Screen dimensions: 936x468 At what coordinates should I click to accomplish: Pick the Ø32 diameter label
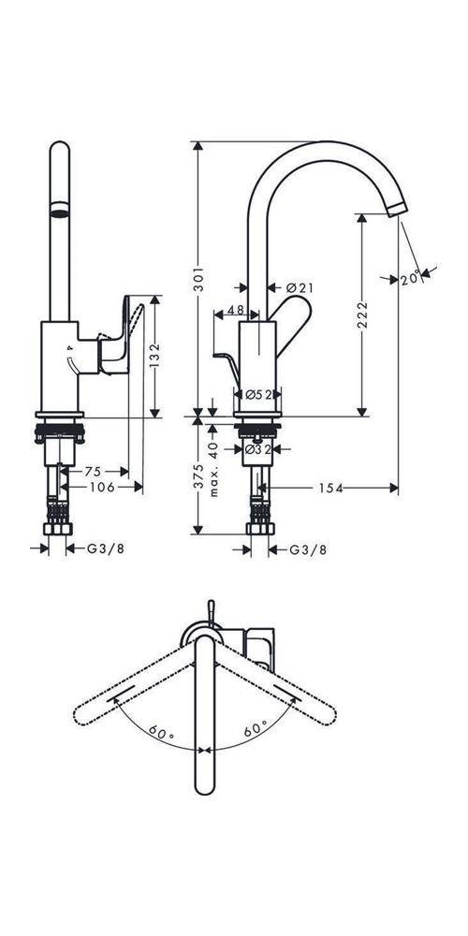257,449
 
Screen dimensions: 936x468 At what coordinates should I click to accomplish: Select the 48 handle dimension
234,310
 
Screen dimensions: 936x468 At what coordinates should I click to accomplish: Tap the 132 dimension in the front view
155,357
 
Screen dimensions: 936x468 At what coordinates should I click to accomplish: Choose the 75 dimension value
93,471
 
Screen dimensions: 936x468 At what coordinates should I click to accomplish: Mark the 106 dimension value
105,487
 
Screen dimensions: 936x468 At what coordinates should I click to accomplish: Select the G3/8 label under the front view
106,548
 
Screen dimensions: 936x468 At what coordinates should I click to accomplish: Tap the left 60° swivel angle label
162,733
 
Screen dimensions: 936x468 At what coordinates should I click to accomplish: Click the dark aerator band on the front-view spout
59,211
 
